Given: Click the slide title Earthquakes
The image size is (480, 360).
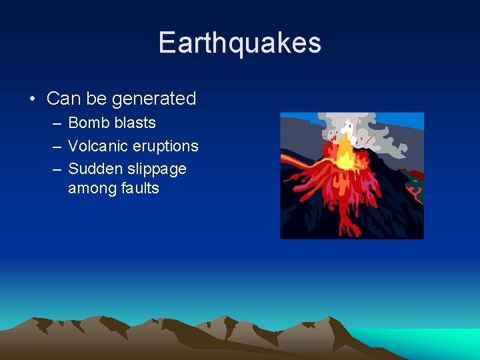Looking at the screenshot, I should click(240, 43).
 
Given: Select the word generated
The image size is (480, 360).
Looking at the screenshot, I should click(153, 99).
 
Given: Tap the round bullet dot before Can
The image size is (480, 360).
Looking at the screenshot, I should click(32, 99).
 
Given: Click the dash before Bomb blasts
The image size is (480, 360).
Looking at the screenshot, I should click(54, 123).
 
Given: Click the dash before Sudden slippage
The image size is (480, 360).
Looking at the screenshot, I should click(54, 169).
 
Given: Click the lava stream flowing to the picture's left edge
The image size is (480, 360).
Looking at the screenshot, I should click(293, 161).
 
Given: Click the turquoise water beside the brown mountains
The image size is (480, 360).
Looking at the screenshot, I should click(427, 340).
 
